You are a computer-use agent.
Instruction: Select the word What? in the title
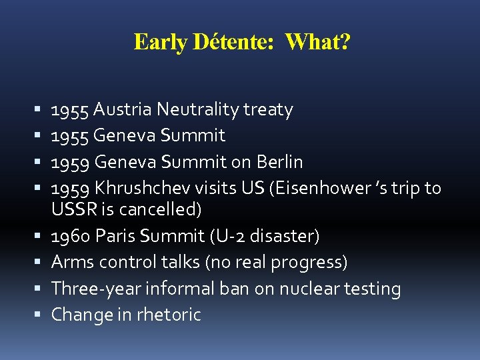(x=317, y=42)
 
